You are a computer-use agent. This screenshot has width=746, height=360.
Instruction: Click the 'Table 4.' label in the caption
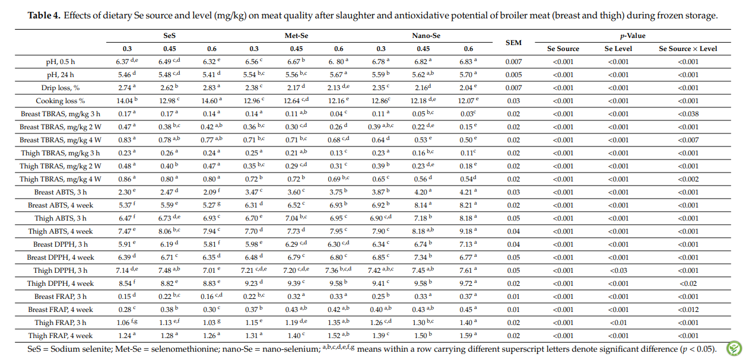(44, 15)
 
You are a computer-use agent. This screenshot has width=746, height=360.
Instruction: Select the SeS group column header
(170, 36)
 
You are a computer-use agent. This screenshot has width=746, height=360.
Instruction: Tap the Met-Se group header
(296, 36)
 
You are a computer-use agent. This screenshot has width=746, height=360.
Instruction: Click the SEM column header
(513, 43)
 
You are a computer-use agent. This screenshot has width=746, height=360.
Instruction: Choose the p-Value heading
(632, 36)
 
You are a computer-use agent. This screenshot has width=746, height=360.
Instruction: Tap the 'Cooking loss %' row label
(61, 101)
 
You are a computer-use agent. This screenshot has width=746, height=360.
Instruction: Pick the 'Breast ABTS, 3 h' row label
(61, 193)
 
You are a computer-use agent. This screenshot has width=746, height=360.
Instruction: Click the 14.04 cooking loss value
(125, 101)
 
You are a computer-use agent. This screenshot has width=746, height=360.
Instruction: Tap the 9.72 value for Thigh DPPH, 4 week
(466, 284)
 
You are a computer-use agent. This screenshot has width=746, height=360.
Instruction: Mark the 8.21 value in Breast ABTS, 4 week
(466, 206)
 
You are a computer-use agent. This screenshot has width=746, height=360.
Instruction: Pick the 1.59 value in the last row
(466, 336)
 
